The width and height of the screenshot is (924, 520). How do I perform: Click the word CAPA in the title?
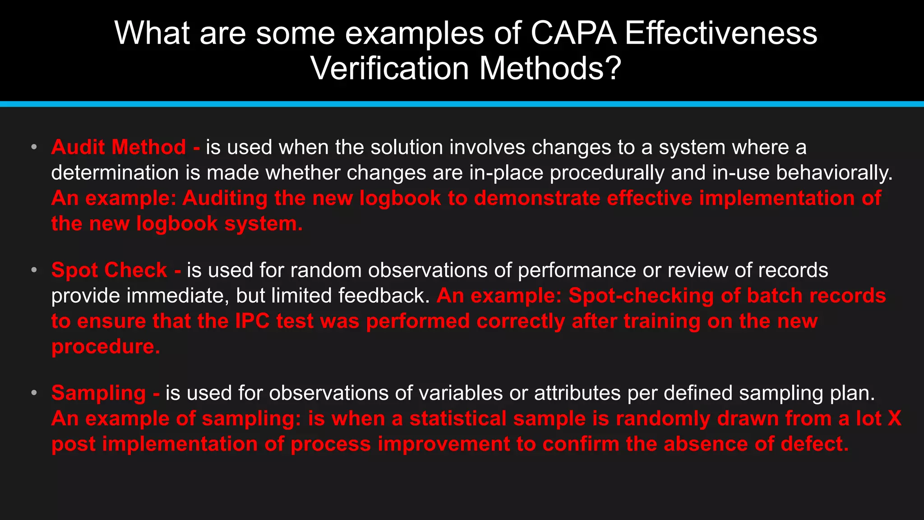click(x=573, y=33)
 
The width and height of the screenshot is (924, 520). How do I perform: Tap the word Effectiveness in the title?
click(x=721, y=33)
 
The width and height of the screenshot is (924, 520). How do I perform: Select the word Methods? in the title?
click(x=550, y=69)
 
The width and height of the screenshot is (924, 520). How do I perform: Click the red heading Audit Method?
click(x=119, y=147)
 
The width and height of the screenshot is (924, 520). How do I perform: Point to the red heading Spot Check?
click(x=109, y=270)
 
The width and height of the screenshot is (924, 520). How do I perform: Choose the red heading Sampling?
click(x=98, y=393)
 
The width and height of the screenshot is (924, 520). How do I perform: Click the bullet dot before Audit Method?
click(x=34, y=147)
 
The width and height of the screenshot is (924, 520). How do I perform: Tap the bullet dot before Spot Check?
click(x=34, y=270)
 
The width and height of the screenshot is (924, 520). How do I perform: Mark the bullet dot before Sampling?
click(x=34, y=393)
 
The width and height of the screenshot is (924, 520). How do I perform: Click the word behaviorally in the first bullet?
click(x=834, y=173)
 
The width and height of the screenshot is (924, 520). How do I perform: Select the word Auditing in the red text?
click(x=225, y=198)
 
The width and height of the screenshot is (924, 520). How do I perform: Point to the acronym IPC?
click(x=252, y=321)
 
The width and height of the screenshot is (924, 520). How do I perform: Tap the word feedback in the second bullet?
click(x=384, y=296)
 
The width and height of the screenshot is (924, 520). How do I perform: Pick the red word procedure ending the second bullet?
click(x=106, y=347)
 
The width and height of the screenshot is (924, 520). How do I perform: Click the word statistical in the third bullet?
click(x=458, y=418)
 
